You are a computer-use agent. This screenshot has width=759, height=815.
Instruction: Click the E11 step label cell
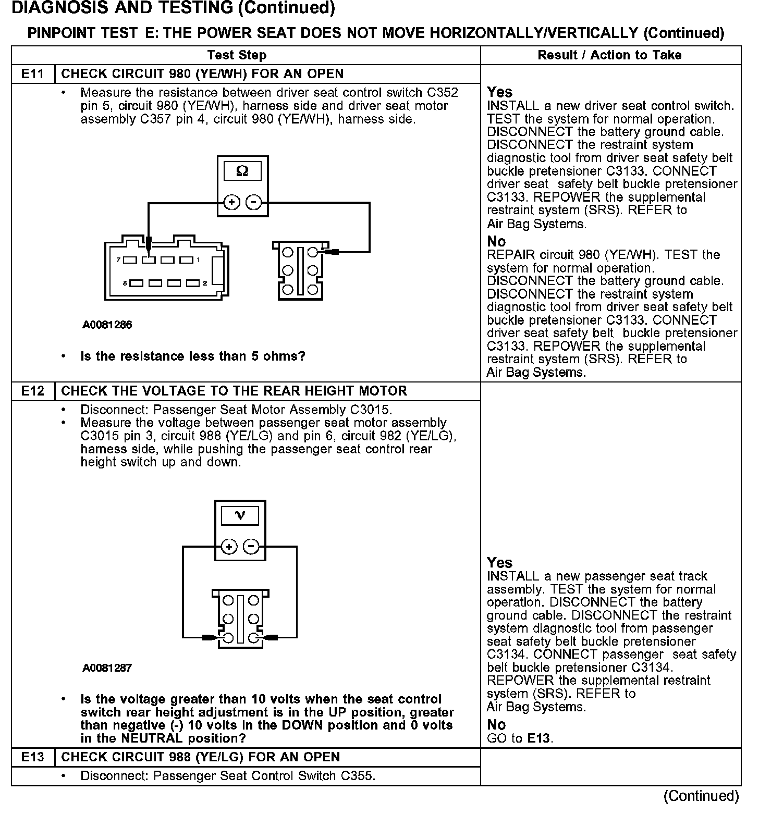(x=32, y=74)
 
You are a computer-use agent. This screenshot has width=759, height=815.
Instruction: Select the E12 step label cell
(x=32, y=391)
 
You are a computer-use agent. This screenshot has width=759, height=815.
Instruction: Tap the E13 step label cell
(x=32, y=757)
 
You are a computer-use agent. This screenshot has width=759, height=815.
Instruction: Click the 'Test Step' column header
(x=237, y=55)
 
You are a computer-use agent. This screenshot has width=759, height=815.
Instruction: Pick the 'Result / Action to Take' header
(x=609, y=55)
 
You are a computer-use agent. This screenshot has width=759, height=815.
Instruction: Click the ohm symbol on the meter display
(x=242, y=171)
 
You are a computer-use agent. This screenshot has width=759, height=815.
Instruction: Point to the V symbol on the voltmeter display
(x=240, y=516)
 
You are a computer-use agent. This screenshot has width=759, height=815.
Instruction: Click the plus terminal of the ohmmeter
(x=231, y=202)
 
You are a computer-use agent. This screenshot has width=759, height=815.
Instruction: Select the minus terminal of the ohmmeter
(x=253, y=202)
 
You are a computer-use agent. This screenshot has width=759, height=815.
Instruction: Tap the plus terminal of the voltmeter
(x=229, y=547)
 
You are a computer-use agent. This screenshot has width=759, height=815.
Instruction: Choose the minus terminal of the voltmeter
(x=251, y=547)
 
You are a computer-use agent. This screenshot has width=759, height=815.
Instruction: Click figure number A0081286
(x=107, y=325)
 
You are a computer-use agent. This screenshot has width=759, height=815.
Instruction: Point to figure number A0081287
(x=107, y=668)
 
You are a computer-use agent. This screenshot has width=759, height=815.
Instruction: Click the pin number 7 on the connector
(x=119, y=260)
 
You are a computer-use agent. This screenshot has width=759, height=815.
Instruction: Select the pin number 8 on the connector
(x=125, y=283)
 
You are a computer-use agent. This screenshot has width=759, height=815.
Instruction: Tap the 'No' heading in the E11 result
(x=496, y=241)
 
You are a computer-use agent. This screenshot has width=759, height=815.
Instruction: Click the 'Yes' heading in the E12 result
(x=499, y=563)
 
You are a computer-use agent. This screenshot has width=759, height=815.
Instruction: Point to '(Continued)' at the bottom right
(x=701, y=796)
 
